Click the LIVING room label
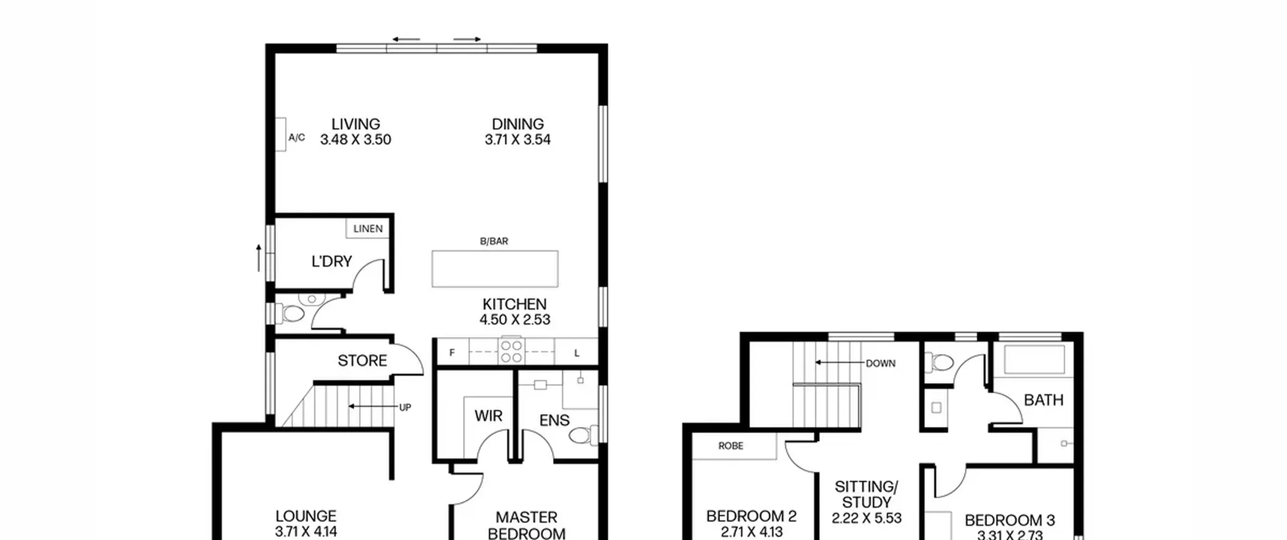tap(355, 124)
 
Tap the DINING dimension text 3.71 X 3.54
tap(517, 140)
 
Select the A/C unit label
tap(297, 137)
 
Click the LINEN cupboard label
tap(368, 229)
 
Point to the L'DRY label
tap(332, 261)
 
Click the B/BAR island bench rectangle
tap(495, 269)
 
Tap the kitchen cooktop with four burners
tap(511, 351)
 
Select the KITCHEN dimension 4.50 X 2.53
tap(515, 319)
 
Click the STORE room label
tap(362, 361)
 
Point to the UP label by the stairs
tap(405, 407)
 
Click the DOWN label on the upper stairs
tap(880, 363)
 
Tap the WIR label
tap(488, 416)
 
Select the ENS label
tap(555, 420)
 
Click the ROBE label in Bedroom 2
tap(731, 446)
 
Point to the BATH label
tap(1044, 400)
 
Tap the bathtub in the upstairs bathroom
tap(1035, 358)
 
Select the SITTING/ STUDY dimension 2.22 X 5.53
tap(866, 518)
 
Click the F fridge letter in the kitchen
tap(452, 353)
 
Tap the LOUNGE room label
tap(306, 516)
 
